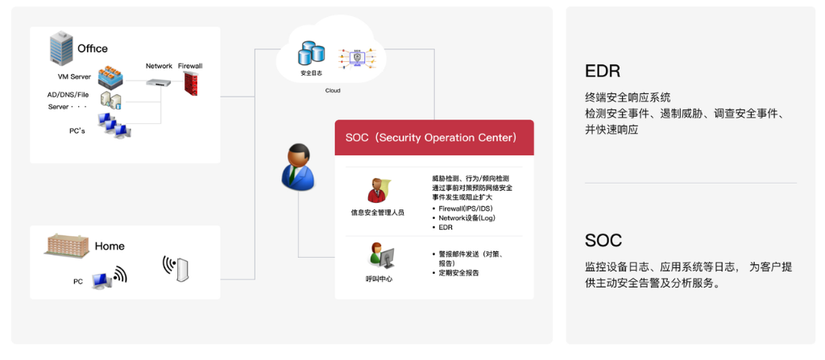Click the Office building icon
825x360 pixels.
click(61, 48)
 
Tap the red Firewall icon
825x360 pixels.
click(190, 83)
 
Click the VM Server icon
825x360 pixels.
click(110, 77)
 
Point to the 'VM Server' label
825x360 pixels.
click(74, 77)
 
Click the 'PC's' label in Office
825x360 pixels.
click(77, 130)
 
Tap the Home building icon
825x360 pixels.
click(66, 245)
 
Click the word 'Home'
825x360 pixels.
click(110, 246)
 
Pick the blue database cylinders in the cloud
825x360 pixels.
click(312, 53)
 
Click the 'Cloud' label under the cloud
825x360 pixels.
click(333, 90)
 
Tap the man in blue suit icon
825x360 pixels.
click(297, 167)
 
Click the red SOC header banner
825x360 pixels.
click(434, 138)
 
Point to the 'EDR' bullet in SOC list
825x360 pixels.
click(445, 227)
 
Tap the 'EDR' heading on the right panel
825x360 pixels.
click(603, 71)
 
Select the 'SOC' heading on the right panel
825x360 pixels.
click(603, 241)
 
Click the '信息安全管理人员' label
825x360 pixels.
click(378, 213)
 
